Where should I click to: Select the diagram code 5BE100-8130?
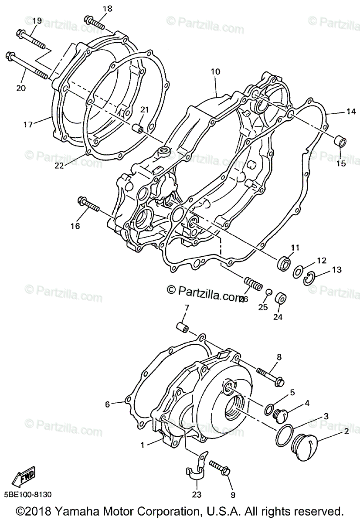(29, 495)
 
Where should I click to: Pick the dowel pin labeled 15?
(340, 142)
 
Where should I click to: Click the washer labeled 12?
(299, 271)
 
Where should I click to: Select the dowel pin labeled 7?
(182, 327)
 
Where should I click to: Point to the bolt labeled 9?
(221, 467)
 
